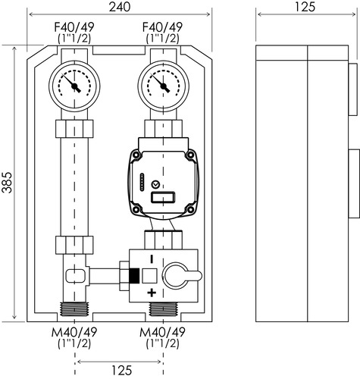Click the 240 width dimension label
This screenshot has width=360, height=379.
(120, 7)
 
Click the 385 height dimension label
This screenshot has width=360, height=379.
(7, 183)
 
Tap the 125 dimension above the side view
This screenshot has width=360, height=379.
(305, 7)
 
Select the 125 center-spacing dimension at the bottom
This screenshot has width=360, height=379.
(122, 371)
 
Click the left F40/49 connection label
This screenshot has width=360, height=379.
(74, 27)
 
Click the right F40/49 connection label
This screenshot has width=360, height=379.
(162, 27)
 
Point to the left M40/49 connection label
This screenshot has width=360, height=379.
(74, 332)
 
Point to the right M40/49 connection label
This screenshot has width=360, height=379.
(162, 332)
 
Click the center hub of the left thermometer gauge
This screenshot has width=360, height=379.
(74, 86)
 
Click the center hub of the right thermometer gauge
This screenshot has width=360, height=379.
(163, 86)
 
